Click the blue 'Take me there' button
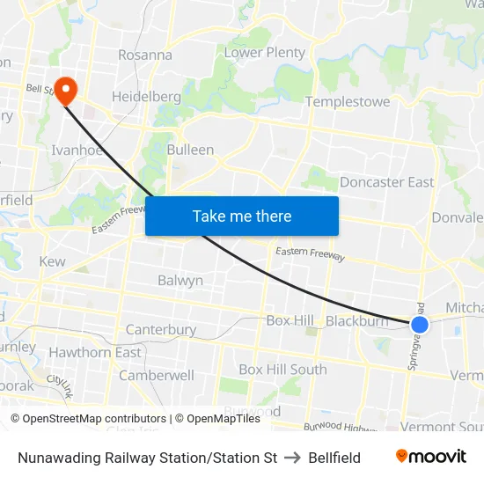(242, 216)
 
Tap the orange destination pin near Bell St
(66, 91)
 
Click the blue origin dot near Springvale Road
(420, 325)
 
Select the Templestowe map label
(348, 102)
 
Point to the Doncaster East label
(386, 182)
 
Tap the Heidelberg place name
(146, 96)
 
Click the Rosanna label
(145, 55)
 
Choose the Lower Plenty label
(265, 53)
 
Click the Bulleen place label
(190, 150)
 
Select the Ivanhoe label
(77, 150)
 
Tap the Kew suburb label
(53, 262)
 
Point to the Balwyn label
(180, 281)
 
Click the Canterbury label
(161, 330)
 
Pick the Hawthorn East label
(95, 353)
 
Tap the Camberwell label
(157, 375)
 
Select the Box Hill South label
(282, 370)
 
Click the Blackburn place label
(356, 321)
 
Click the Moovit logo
(431, 457)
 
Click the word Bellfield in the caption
(334, 458)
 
